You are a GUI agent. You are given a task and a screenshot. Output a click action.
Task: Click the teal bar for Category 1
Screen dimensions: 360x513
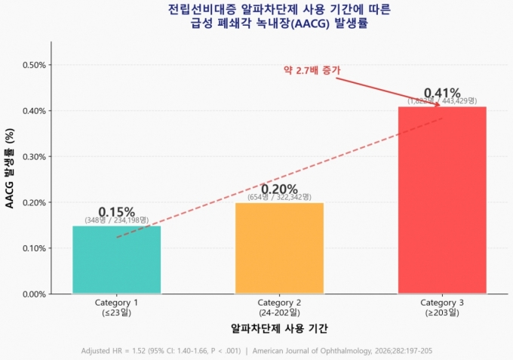pos(116,260)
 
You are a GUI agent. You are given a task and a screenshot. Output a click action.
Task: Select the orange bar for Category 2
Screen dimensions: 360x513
pos(279,248)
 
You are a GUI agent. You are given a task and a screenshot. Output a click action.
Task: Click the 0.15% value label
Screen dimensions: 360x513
pos(116,212)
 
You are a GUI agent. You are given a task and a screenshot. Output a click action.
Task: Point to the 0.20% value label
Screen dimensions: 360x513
pos(279,189)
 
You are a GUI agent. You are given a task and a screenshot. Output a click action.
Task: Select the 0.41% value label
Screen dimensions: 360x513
pos(442,93)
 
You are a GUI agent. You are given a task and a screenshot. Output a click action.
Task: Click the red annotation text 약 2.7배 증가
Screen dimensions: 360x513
pos(312,70)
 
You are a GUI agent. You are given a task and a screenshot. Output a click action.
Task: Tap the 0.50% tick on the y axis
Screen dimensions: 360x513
pos(34,65)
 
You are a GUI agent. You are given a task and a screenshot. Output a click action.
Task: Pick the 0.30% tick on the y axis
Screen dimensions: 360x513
pos(34,157)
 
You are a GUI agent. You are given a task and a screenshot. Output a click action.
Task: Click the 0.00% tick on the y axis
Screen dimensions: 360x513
pos(34,294)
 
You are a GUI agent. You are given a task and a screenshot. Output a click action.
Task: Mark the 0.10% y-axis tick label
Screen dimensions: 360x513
pos(34,248)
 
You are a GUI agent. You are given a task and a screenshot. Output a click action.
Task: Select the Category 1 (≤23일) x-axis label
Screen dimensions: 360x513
pos(116,307)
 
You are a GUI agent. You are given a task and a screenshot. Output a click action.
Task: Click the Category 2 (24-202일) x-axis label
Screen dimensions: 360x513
pos(279,307)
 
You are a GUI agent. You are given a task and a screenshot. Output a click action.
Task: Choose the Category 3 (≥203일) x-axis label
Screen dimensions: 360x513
pos(442,307)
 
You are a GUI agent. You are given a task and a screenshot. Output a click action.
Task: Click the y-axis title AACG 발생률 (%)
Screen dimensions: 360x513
pos(10,168)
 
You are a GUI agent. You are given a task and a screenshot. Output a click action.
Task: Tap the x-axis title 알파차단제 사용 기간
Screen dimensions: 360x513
pos(279,329)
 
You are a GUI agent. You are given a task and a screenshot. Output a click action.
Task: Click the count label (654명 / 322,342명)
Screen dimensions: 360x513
pos(279,197)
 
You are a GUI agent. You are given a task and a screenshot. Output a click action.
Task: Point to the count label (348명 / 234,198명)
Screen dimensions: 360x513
pos(116,220)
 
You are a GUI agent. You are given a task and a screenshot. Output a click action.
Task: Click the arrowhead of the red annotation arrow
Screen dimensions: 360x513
pos(437,105)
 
